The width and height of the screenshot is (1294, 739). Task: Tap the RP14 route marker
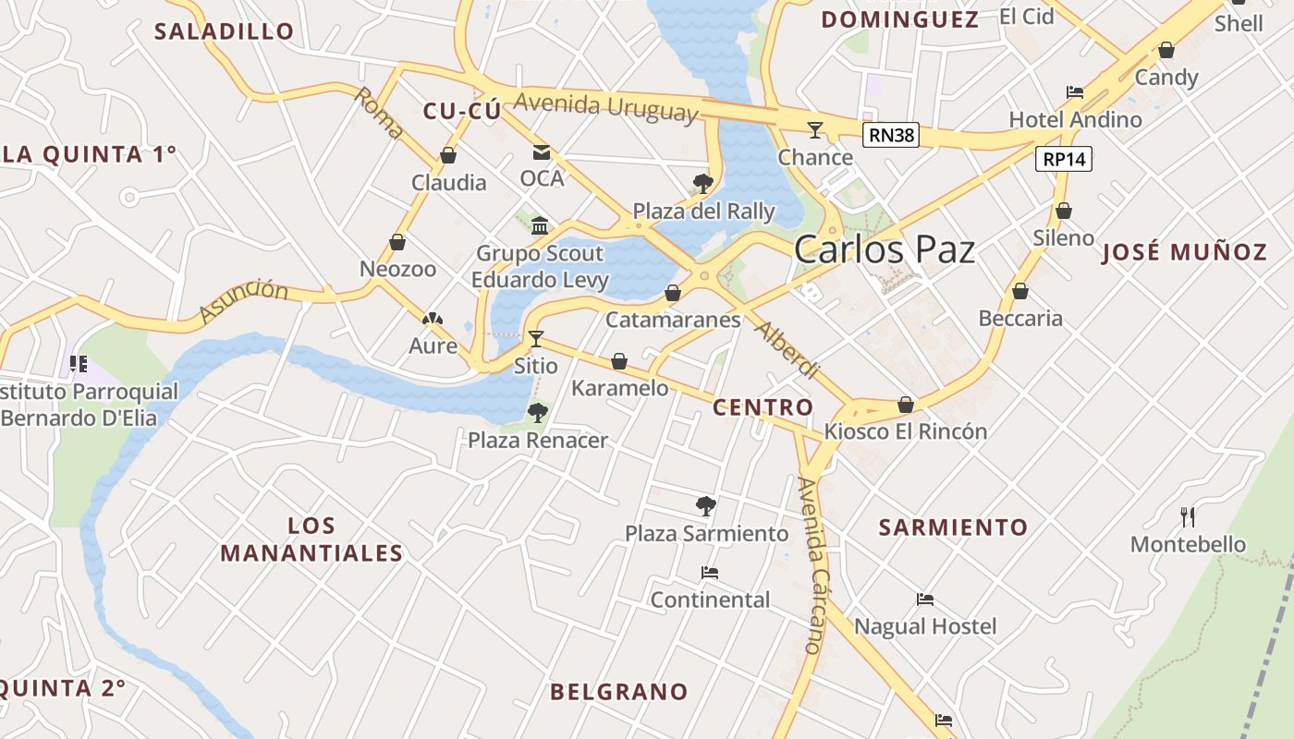coord(1064,159)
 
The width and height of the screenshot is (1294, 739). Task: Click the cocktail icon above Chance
coord(815,129)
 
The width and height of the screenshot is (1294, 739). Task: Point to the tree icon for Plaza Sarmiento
coord(706,505)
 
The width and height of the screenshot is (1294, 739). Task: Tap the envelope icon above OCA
coord(541,152)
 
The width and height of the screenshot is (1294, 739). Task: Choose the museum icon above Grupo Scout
coord(541,226)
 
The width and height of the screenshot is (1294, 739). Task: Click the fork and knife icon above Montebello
coord(1189,517)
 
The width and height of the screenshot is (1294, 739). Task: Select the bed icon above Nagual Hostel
coord(925,600)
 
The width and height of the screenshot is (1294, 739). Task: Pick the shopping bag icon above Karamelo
coord(619,361)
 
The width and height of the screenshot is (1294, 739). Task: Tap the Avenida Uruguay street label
coord(605,106)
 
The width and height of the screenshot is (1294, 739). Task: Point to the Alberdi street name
coord(787,350)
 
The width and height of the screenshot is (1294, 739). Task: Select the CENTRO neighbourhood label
coord(763,407)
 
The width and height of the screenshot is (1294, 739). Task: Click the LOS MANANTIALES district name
coord(311,539)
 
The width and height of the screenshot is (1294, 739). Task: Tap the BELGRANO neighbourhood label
coord(619,692)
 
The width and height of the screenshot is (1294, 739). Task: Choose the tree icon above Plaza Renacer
coord(537,413)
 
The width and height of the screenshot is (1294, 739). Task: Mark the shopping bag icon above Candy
coord(1166,50)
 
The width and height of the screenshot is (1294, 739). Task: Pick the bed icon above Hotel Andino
coord(1075,92)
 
